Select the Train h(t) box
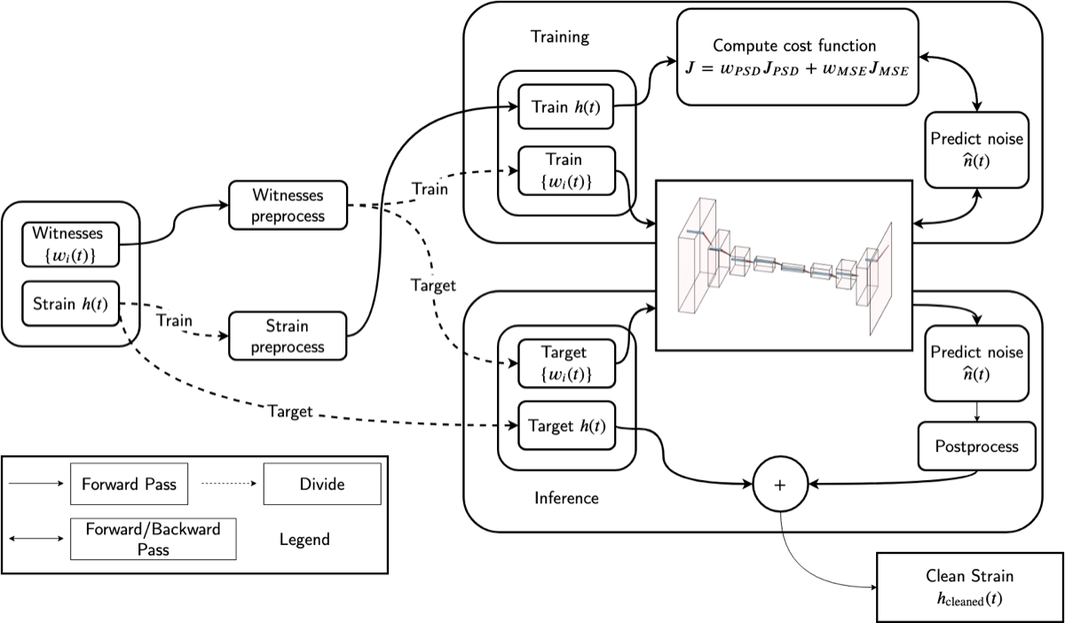(566, 107)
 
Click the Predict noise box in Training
(976, 149)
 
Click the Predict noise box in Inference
(976, 363)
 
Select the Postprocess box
(976, 446)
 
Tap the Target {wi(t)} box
(565, 363)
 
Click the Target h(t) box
(565, 427)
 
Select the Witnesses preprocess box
(288, 205)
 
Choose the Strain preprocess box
(288, 336)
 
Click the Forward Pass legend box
(129, 485)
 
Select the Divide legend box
(322, 485)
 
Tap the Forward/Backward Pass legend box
(153, 539)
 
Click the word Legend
(304, 540)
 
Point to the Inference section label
(566, 498)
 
